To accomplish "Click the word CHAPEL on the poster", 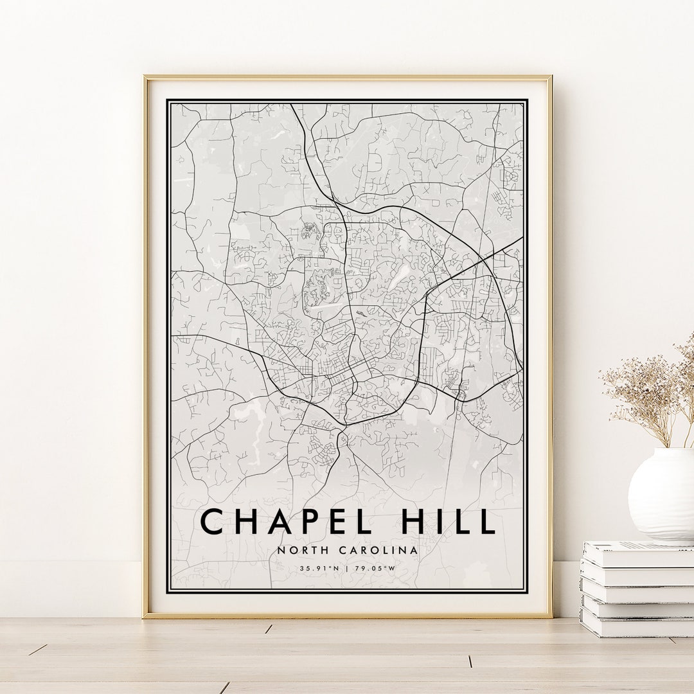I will point(287,521).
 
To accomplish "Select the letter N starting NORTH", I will point(281,550).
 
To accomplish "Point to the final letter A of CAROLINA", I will point(414,550).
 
